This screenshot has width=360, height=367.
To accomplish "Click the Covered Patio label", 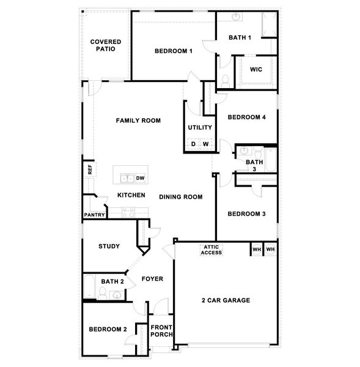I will (106, 46).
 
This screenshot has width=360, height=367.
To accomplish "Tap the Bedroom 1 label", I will (174, 51).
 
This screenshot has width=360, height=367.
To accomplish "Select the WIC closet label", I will (256, 69).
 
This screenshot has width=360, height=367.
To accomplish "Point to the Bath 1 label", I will (240, 38).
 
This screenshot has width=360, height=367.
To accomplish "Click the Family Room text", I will (138, 120).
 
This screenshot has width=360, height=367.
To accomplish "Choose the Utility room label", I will (200, 128).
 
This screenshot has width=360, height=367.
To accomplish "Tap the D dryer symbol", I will (193, 144).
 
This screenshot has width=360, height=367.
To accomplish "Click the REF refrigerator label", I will (90, 169).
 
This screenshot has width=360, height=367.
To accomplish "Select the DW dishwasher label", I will (139, 179).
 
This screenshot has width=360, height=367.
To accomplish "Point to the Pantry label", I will (94, 215).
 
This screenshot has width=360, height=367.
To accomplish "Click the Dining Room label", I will (180, 197).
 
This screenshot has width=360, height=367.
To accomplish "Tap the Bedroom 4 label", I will (246, 117).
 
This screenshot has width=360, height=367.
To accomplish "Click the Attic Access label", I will (211, 250).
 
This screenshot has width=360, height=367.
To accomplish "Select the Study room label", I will (109, 247).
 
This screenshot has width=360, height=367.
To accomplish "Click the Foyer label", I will (152, 279).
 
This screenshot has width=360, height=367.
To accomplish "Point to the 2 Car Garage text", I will (226, 300).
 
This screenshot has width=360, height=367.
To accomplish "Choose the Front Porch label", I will (162, 331).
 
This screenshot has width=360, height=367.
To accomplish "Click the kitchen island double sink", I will (127, 179).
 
